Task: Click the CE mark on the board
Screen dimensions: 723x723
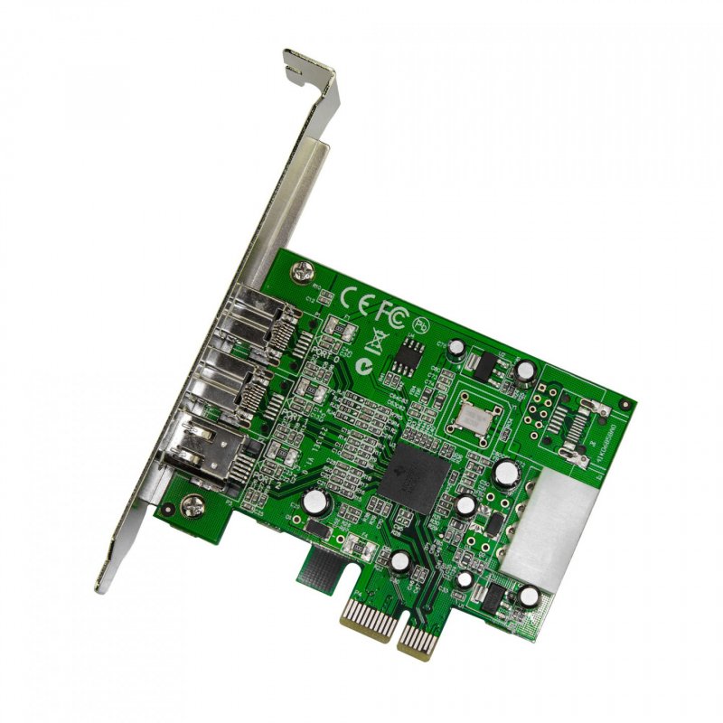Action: [356, 297]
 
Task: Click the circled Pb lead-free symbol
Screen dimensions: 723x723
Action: [418, 323]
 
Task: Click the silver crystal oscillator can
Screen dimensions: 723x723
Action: [477, 413]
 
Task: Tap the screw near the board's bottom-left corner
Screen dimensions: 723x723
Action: [192, 508]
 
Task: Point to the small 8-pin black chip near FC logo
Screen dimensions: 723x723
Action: [402, 361]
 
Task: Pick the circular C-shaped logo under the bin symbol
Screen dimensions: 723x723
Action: [364, 366]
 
